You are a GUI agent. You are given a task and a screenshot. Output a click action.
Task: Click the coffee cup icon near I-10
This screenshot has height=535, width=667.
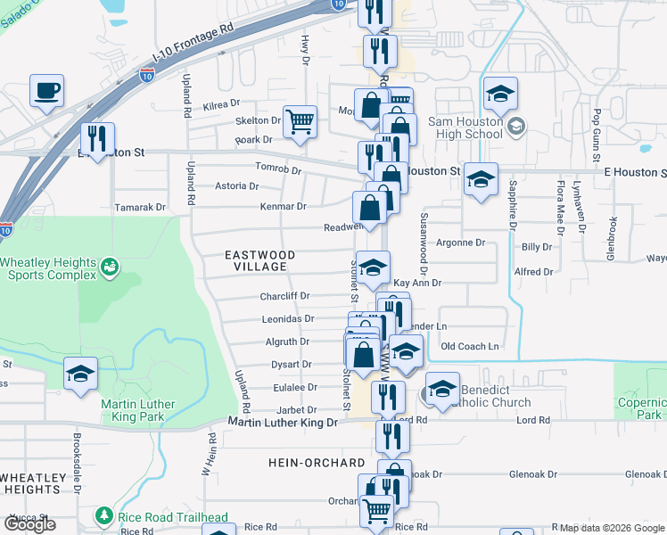(x=47, y=90)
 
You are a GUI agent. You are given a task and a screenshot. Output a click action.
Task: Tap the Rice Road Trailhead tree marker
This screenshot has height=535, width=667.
(x=105, y=516)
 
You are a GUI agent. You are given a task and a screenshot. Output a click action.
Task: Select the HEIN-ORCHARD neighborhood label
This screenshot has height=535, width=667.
(x=317, y=463)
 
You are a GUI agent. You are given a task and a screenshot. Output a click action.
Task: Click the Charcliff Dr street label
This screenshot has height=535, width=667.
(x=284, y=296)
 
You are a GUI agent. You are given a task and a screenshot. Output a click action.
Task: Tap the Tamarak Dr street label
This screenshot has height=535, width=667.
(x=141, y=207)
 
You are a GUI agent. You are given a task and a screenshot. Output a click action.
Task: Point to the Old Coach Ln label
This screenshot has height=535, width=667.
(x=470, y=346)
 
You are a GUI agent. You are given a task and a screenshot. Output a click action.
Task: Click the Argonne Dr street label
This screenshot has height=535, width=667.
(x=459, y=242)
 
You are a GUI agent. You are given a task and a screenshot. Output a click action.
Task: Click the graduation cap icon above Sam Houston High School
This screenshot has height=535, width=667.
(x=501, y=93)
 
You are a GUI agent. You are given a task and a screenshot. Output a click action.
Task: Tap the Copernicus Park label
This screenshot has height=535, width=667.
(x=642, y=408)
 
